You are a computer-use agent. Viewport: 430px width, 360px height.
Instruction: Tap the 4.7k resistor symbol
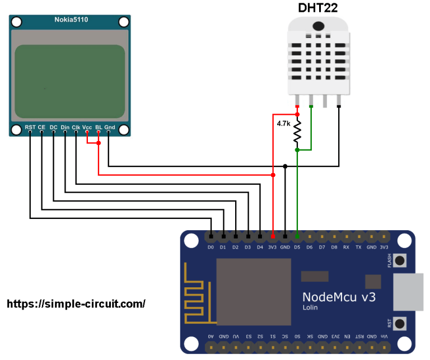[297, 132]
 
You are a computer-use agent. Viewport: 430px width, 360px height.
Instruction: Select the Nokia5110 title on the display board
[71, 20]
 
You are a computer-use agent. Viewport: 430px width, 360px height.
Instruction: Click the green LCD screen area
[70, 81]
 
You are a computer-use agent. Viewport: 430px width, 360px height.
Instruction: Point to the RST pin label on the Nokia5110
[30, 128]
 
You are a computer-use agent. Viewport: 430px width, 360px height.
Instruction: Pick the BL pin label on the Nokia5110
[99, 128]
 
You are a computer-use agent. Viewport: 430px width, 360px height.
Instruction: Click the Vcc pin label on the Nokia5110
[87, 128]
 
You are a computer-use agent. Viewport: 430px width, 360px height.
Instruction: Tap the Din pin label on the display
[65, 128]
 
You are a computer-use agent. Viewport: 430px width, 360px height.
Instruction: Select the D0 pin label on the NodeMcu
[211, 247]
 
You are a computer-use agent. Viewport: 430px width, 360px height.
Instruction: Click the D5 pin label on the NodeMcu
[297, 247]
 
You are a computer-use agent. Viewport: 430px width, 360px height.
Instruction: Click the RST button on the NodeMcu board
[400, 324]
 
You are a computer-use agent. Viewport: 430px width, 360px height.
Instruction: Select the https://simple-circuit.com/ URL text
[76, 303]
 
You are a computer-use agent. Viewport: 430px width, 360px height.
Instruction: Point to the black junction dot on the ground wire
[286, 166]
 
